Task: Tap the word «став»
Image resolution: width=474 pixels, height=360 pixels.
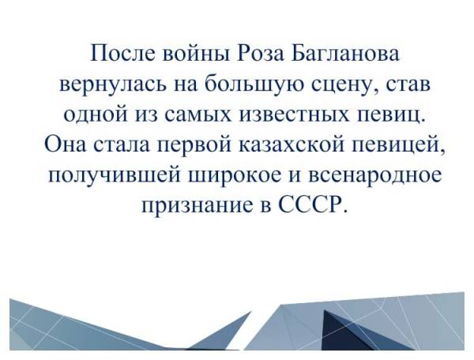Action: coord(406,84)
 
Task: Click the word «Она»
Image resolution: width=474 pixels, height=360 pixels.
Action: coord(65,144)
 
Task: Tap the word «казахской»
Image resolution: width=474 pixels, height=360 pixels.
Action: coord(292,144)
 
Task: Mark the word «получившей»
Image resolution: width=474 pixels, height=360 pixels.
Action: coord(115,175)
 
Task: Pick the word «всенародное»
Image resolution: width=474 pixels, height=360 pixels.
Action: coord(374,176)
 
